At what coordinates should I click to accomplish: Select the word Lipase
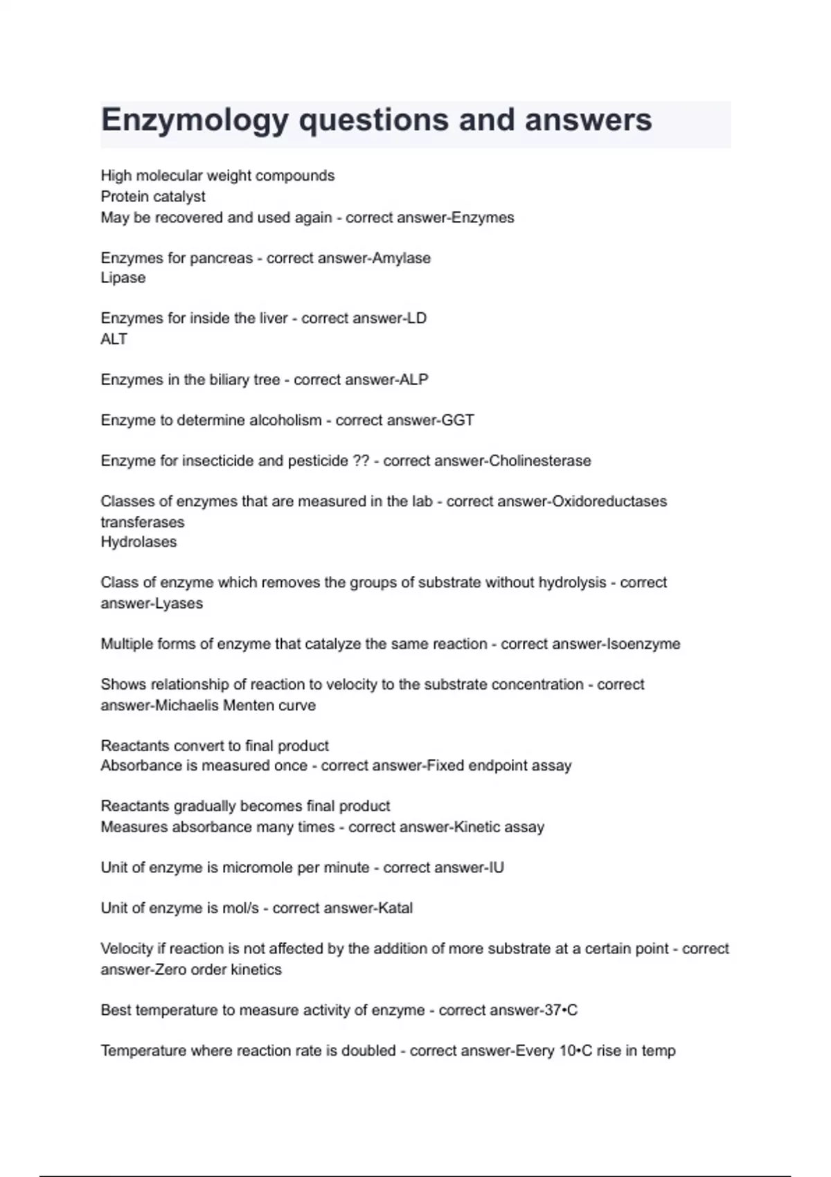[123, 278]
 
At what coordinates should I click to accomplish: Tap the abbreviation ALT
[114, 339]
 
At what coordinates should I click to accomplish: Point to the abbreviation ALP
[413, 379]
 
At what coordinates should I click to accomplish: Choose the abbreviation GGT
[458, 420]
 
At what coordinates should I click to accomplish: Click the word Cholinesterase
[539, 461]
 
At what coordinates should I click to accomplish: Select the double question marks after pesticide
[361, 461]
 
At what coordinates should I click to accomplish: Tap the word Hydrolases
[138, 542]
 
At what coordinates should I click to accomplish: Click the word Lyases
[177, 604]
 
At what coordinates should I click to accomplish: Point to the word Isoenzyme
[643, 644]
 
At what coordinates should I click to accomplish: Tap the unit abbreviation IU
[496, 868]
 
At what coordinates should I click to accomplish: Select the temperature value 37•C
[561, 1011]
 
